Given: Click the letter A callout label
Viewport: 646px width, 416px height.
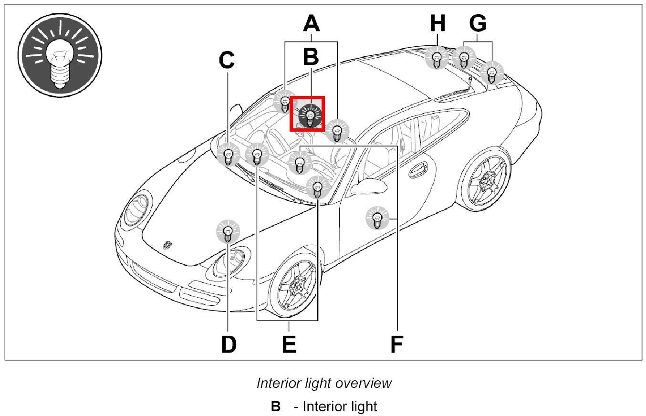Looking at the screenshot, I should tap(311, 22).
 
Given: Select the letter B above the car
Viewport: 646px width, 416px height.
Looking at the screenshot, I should tap(311, 56).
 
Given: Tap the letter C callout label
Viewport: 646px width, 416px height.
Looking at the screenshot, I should tap(227, 60).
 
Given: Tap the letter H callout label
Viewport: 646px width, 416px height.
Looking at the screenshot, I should tap(438, 22).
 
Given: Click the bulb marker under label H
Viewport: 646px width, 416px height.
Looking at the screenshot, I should tap(436, 59).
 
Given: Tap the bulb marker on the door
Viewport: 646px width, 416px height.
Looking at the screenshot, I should tap(377, 218).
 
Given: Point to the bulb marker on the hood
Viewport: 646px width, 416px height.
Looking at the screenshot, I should tap(228, 231).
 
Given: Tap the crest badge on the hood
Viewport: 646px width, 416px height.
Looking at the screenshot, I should tap(167, 244).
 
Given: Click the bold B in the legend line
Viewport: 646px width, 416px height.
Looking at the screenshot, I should tap(276, 406).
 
